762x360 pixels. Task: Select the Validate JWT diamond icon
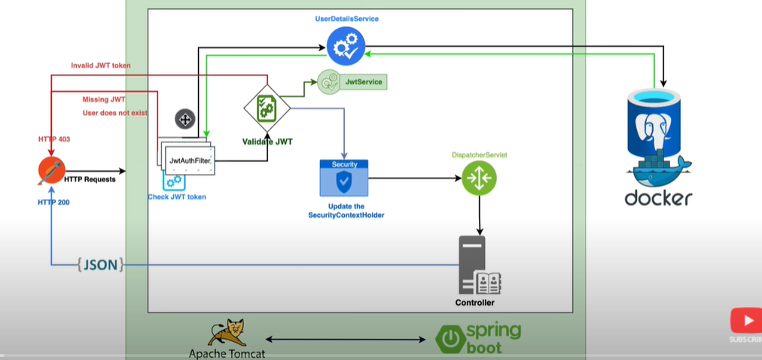267,108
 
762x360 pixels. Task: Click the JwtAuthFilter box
190,160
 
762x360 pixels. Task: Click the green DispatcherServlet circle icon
480,178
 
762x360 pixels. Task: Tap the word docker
658,198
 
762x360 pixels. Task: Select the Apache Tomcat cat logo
227,332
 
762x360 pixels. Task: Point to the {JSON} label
100,264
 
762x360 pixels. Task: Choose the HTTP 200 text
53,203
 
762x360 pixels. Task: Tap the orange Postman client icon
52,171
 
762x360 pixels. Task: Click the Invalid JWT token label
100,66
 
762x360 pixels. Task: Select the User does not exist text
114,113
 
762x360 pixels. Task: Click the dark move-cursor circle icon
184,118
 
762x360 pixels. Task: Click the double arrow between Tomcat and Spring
344,340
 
